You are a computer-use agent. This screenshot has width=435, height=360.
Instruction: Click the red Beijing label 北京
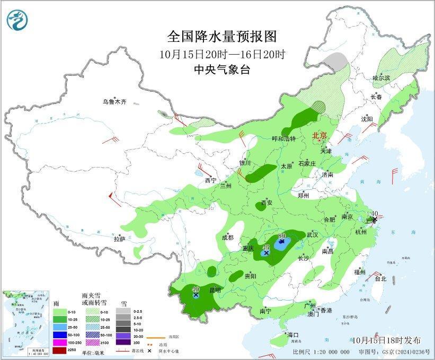pos(319,135)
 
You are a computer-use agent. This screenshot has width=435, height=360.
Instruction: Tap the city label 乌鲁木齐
pos(115,102)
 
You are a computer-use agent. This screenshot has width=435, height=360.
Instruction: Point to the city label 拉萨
pos(119,239)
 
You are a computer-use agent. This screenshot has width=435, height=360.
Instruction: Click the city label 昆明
pos(215,290)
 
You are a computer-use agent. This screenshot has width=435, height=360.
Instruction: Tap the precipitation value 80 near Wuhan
pos(282,235)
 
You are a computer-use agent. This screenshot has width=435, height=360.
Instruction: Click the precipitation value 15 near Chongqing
pos(266,248)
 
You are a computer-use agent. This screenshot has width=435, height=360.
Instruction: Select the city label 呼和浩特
pos(283,138)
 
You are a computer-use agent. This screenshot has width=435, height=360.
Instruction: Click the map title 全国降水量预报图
pos(222,37)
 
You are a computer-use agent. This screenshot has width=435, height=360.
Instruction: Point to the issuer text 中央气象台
pos(222,69)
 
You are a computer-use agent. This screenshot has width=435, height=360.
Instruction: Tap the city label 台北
pos(380,278)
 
